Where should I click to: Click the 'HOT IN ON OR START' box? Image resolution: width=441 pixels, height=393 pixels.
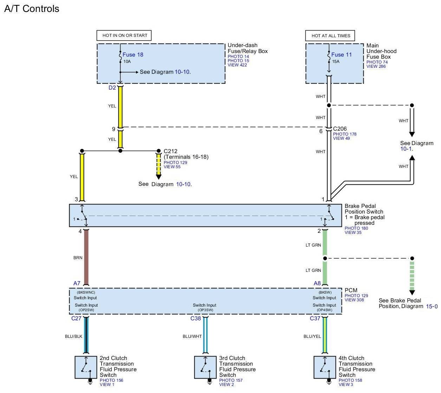[124, 35]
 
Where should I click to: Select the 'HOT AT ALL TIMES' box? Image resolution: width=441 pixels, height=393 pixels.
[330, 35]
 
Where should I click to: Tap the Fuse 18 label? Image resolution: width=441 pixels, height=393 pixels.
[133, 54]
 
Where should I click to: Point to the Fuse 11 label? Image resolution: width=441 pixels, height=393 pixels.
[342, 54]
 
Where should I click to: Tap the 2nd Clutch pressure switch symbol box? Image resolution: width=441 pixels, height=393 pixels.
[86, 367]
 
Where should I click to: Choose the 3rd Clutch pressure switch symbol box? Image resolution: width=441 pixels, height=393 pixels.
[206, 367]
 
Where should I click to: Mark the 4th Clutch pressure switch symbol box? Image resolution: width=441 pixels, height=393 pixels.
[325, 367]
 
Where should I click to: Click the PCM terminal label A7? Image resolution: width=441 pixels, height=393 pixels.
[77, 283]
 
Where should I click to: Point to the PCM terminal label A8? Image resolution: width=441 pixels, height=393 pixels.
[317, 283]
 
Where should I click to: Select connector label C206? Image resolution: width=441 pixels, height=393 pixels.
[340, 129]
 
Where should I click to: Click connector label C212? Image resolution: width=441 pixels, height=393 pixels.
[170, 151]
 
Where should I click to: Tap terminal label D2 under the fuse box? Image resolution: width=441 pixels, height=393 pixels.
[112, 88]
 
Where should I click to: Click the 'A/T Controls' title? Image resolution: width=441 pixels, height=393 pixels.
[32, 9]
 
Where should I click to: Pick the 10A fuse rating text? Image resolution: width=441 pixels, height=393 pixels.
[127, 61]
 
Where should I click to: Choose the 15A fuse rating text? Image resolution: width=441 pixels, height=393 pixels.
[336, 61]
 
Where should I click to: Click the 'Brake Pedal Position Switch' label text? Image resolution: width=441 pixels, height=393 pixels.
[364, 209]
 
